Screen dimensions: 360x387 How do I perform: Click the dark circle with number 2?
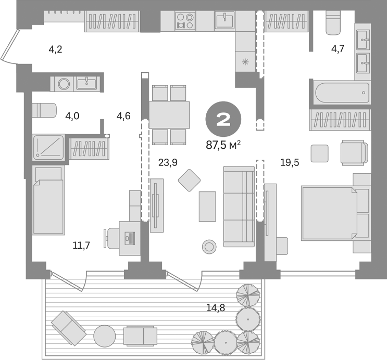pyautogui.click(x=223, y=120)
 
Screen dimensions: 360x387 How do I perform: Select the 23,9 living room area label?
pyautogui.click(x=167, y=162)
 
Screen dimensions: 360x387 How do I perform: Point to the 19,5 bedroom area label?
pyautogui.click(x=290, y=162)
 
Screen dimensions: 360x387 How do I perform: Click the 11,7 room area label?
pyautogui.click(x=81, y=245)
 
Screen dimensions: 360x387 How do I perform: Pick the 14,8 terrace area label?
pyautogui.click(x=215, y=307)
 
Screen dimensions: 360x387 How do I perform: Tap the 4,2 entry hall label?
pyautogui.click(x=56, y=50)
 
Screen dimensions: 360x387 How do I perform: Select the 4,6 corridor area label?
pyautogui.click(x=123, y=116)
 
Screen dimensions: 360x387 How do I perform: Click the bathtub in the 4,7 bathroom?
pyautogui.click(x=342, y=94)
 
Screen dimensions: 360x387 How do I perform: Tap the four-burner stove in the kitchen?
pyautogui.click(x=185, y=21)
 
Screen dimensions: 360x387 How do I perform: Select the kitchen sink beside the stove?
pyautogui.click(x=224, y=21)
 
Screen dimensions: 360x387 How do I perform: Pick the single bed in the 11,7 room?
pyautogui.click(x=48, y=200)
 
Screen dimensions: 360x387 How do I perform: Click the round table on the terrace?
pyautogui.click(x=104, y=336)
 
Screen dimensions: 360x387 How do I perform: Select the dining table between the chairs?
pyautogui.click(x=169, y=114)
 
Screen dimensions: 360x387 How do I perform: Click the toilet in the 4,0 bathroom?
pyautogui.click(x=44, y=111)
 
